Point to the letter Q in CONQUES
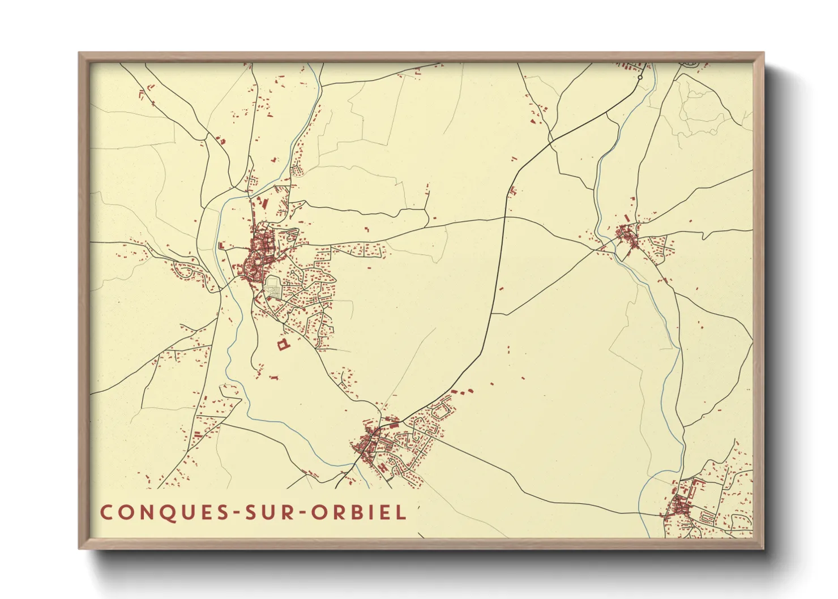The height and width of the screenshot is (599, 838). pos(163,512)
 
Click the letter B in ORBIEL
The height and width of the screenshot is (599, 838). pos(358,512)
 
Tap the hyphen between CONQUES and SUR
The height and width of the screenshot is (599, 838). pos(236,513)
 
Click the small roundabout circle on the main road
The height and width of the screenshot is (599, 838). pos(640,77)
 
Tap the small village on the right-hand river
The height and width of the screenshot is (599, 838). pos(627,235)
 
